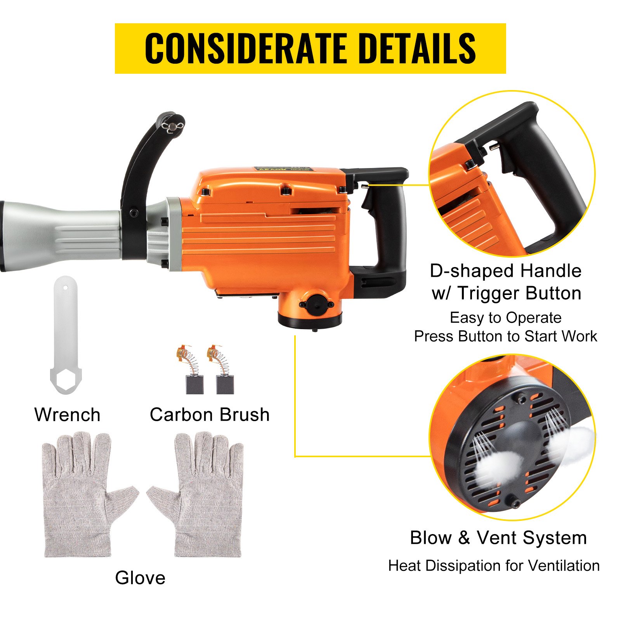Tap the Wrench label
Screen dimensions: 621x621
point(68,415)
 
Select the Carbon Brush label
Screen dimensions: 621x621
point(210,415)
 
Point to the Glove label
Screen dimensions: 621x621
point(140,578)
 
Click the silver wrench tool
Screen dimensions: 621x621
point(66,334)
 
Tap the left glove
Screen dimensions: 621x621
point(85,497)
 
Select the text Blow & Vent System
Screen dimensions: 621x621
point(498,538)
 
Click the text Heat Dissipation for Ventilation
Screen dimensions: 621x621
point(494,566)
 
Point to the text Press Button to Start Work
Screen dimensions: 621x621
point(505,336)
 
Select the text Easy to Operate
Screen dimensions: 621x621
point(505,318)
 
